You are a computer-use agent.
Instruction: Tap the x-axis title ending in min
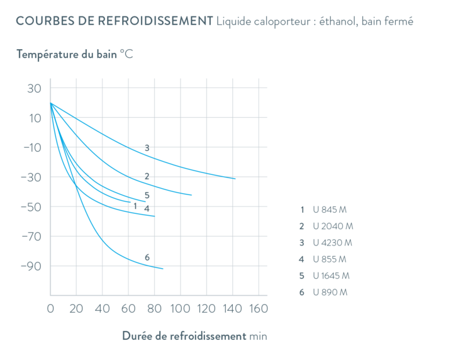194,336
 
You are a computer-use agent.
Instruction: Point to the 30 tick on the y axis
33,89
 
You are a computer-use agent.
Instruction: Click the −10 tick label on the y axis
30,148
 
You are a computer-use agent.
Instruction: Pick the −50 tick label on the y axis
30,207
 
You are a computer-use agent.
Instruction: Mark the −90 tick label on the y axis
30,266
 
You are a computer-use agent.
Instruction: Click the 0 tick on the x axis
50,309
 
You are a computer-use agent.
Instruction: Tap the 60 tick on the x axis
128,309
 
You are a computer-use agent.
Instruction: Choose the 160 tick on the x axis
257,309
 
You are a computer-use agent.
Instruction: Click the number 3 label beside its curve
147,149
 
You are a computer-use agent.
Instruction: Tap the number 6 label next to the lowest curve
147,257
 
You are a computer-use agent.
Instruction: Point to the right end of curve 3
235,179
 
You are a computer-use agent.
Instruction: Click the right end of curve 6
163,269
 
